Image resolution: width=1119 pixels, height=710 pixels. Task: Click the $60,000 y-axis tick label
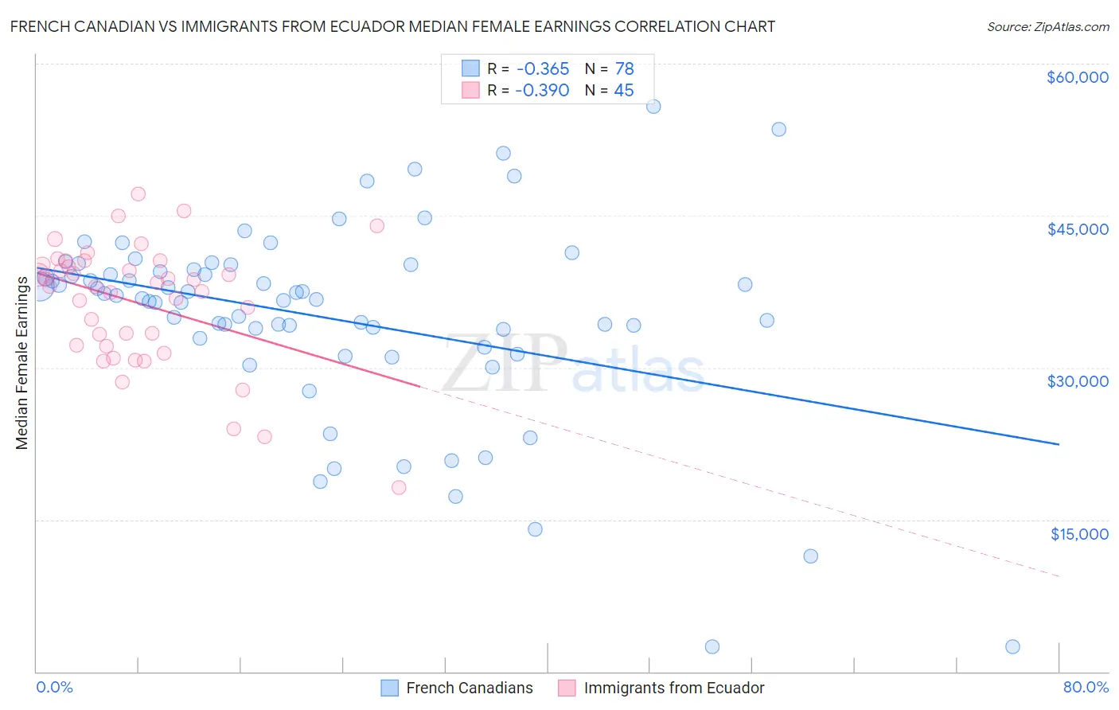[1077, 77]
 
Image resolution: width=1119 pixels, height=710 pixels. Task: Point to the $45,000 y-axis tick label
[1077, 229]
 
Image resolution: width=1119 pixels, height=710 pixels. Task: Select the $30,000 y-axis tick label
[1077, 381]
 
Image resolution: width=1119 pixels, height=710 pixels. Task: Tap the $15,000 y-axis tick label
[1079, 534]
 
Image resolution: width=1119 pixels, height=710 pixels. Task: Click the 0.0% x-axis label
[54, 687]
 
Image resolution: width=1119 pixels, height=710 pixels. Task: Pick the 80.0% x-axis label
[1086, 687]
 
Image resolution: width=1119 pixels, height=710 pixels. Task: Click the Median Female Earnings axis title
[22, 363]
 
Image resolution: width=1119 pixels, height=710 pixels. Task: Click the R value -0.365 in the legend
[542, 68]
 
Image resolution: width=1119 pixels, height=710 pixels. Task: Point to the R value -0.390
[542, 90]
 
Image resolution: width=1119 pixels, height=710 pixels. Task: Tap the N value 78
[624, 68]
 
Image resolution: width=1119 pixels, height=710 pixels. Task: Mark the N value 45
[624, 90]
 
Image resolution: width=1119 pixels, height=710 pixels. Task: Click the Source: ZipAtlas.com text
[1047, 26]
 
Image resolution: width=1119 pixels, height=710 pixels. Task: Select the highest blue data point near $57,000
[653, 107]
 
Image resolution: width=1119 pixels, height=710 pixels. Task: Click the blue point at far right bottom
[1012, 646]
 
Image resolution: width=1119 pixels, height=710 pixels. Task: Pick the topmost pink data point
[138, 193]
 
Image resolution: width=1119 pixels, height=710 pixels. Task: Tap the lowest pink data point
[399, 487]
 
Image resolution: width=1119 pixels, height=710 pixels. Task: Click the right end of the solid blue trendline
[1059, 444]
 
